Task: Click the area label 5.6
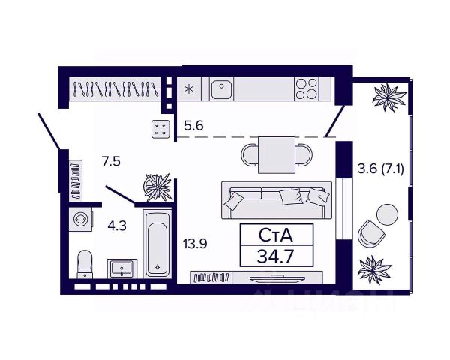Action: pyautogui.click(x=193, y=126)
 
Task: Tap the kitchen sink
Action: pyautogui.click(x=222, y=89)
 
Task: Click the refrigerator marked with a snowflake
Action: pyautogui.click(x=189, y=89)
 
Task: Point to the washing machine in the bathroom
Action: pyautogui.click(x=78, y=219)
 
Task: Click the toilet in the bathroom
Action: pyautogui.click(x=84, y=262)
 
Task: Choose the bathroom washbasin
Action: pyautogui.click(x=121, y=267)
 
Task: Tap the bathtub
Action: pyautogui.click(x=157, y=244)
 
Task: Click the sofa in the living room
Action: pyautogui.click(x=276, y=198)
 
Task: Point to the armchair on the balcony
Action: pyautogui.click(x=370, y=233)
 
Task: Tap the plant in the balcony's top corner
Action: pyautogui.click(x=391, y=95)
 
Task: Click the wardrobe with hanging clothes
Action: pyautogui.click(x=116, y=91)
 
